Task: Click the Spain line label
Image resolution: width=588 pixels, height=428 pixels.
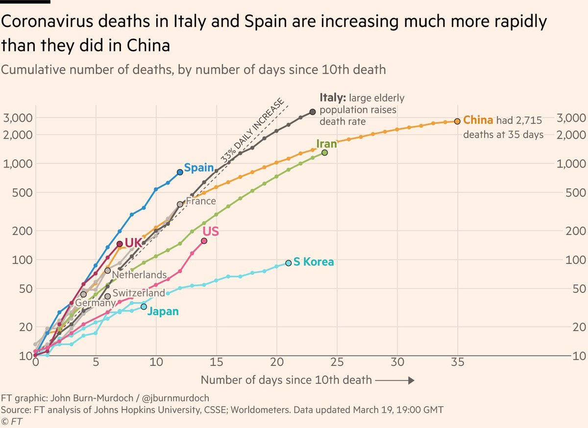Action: coord(198,168)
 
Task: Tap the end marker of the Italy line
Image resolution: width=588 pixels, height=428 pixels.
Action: coord(313,112)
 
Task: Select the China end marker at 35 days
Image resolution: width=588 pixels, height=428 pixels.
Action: coord(457,121)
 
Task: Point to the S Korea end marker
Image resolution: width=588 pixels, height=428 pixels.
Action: coord(289,263)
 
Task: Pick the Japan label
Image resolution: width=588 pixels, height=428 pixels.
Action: coord(163,311)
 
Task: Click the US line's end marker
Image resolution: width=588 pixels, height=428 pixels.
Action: coord(204,240)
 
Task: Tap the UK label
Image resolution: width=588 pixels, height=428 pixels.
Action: coord(134,243)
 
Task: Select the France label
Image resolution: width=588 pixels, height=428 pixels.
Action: coord(201,201)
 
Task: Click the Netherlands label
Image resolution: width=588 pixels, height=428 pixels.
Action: coord(140,275)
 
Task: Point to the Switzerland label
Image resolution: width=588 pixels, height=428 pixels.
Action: coord(139,293)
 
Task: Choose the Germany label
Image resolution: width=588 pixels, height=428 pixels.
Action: coord(95,303)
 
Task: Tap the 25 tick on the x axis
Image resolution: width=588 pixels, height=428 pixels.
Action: coord(337,363)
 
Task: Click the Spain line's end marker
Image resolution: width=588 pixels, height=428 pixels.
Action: coord(180,172)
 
